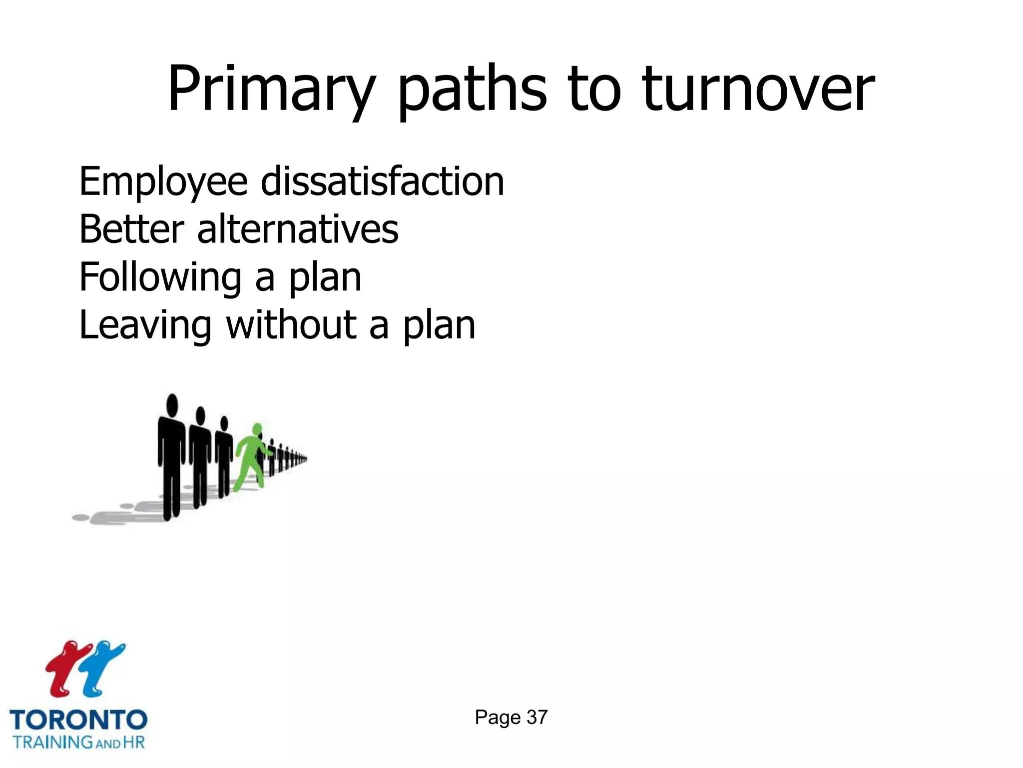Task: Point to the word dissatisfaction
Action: coord(382,181)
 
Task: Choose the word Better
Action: coord(131,229)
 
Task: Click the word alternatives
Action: coord(298,229)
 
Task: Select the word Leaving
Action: coord(145,325)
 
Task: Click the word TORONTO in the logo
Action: coord(78,720)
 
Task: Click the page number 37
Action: coord(537,717)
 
